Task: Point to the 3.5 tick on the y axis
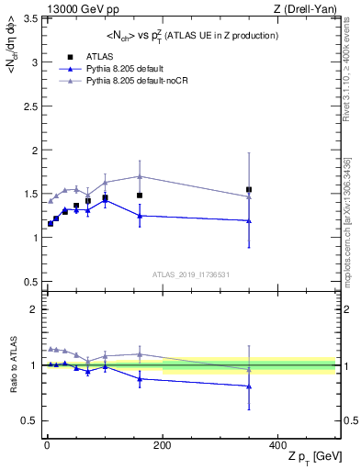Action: (x=27, y=18)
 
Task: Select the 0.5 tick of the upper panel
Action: (x=27, y=280)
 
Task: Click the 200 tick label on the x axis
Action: (x=162, y=444)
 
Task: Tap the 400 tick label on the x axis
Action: (x=277, y=444)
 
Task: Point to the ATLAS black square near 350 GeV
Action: (x=249, y=190)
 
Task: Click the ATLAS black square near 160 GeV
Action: (x=140, y=196)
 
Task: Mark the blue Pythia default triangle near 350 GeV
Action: (x=249, y=220)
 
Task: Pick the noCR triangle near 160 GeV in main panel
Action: (x=140, y=176)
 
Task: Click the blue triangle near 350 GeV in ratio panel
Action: (x=249, y=386)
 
